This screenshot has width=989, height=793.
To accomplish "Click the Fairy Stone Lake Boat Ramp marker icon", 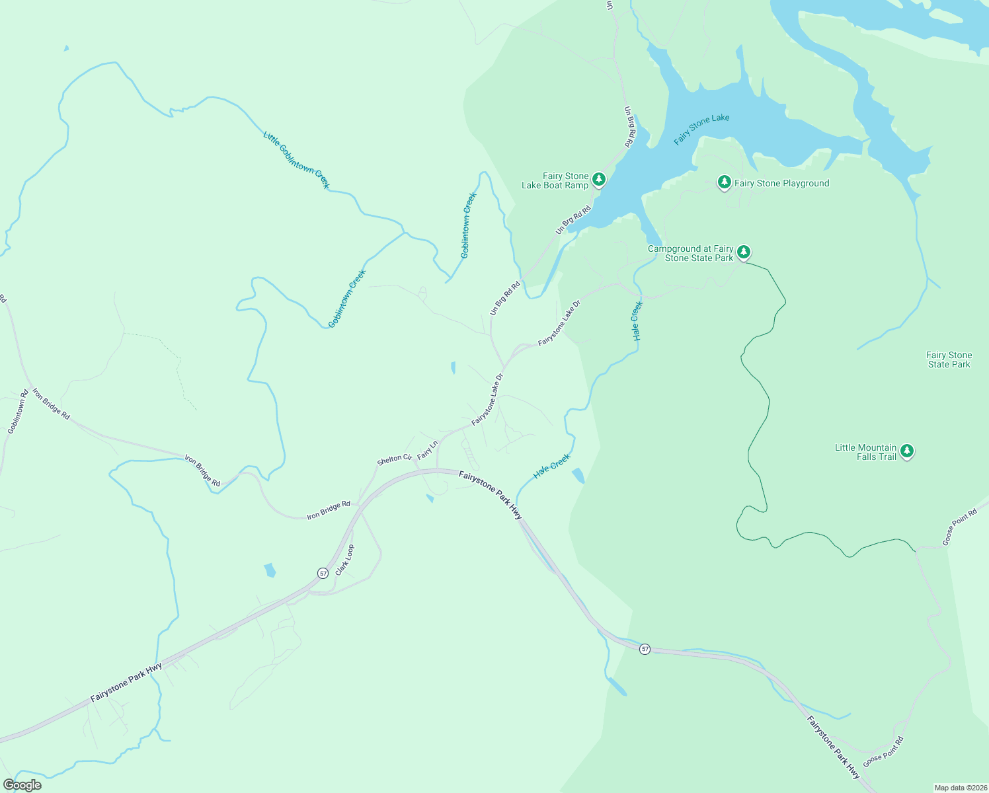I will pos(598,180).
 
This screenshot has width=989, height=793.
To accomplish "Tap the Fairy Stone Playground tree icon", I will pos(725,182).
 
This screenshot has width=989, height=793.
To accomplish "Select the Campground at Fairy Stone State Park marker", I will pos(744,252).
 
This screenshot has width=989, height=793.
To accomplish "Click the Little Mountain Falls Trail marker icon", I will pos(907,451).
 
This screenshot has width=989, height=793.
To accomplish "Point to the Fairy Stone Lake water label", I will pos(701,129).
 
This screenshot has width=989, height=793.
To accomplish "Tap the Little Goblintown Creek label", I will pos(296,160).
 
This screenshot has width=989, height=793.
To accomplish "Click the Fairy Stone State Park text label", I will pos(949,360).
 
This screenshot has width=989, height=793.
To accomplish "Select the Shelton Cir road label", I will pos(394,459).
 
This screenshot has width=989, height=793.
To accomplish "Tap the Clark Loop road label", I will pos(344,560).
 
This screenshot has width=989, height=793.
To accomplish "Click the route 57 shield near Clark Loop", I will pos(323,573).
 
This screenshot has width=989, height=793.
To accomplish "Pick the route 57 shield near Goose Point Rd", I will pos(645,650).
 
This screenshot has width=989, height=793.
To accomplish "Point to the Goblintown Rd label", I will pos(17,412).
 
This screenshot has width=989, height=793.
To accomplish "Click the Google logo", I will pos(22,785).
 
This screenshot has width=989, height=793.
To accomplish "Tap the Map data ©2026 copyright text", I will pos(959,788).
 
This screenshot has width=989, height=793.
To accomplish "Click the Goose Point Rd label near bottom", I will pos(883,751).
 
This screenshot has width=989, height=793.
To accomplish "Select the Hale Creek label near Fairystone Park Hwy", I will pos(552,466).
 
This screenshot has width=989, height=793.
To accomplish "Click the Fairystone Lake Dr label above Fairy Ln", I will pos(487,399).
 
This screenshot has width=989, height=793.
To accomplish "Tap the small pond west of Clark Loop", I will pos(269,570).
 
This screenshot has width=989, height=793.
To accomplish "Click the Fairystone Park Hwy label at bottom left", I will pos(126,683).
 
